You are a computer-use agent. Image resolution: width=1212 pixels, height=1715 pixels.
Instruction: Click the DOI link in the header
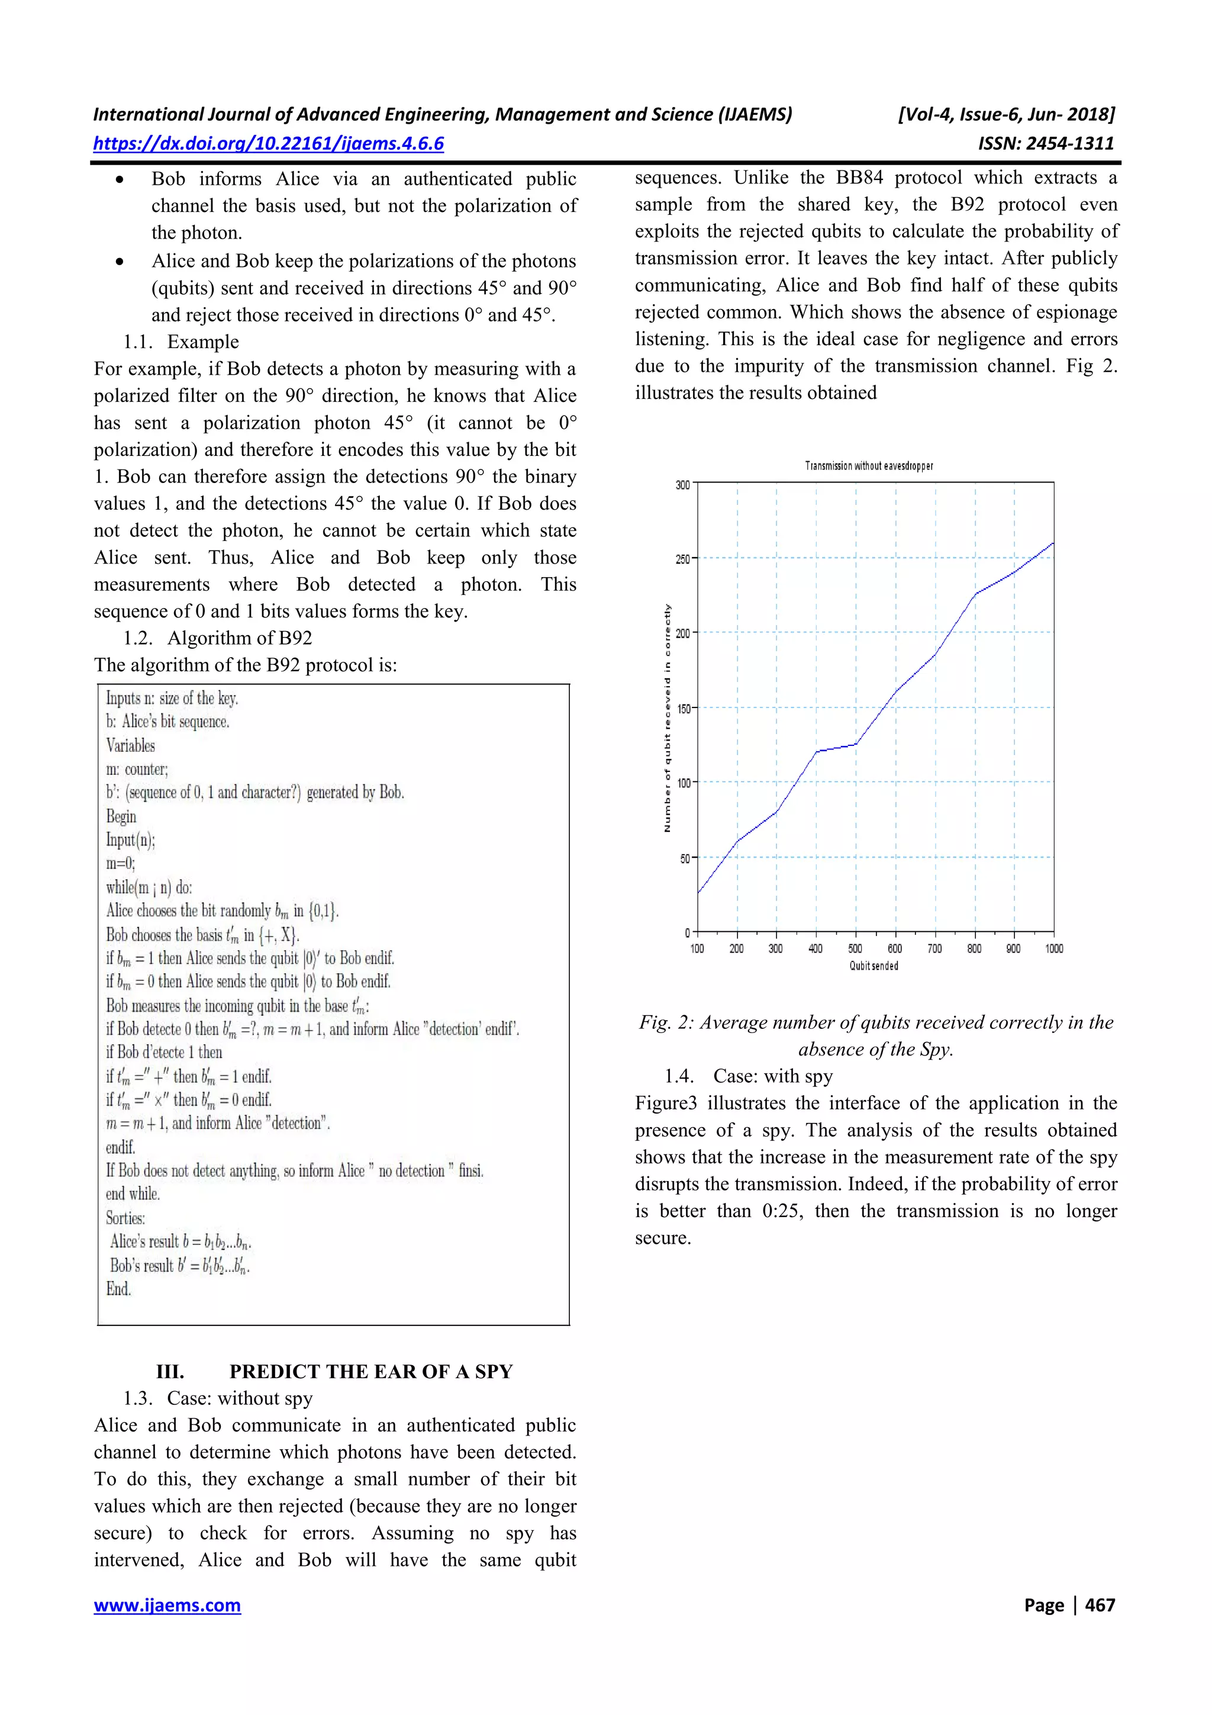(269, 143)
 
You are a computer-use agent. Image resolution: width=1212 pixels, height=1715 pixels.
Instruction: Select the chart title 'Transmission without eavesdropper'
(869, 466)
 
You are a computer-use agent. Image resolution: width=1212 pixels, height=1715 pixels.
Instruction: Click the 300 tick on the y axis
(682, 485)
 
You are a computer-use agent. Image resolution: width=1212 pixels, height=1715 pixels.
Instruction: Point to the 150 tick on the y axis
(682, 708)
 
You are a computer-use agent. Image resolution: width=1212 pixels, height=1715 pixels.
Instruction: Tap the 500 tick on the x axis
(855, 948)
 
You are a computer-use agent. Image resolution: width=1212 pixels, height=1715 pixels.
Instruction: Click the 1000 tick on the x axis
(1053, 948)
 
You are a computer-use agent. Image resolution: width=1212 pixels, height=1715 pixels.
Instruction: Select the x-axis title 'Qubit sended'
(873, 966)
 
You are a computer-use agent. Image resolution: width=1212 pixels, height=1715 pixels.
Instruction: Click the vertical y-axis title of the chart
(668, 717)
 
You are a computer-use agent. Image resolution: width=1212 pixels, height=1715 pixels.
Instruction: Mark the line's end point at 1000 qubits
(1053, 543)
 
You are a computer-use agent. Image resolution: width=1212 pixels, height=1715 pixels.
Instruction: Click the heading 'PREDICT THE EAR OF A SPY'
(370, 1372)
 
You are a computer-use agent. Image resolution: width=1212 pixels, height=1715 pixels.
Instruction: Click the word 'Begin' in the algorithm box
(121, 816)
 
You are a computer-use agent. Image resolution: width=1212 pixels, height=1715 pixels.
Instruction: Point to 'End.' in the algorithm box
(118, 1289)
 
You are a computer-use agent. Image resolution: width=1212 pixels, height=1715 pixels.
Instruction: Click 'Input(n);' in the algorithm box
(130, 839)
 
